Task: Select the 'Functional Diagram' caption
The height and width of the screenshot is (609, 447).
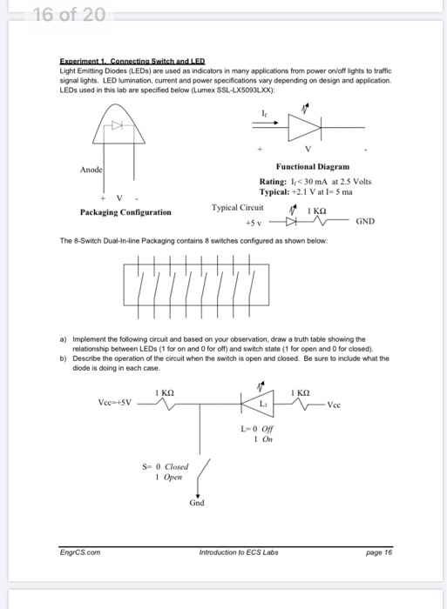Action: [x=312, y=165]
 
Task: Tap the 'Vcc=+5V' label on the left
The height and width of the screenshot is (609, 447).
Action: [x=115, y=403]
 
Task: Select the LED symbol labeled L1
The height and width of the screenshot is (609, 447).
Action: [x=258, y=404]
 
